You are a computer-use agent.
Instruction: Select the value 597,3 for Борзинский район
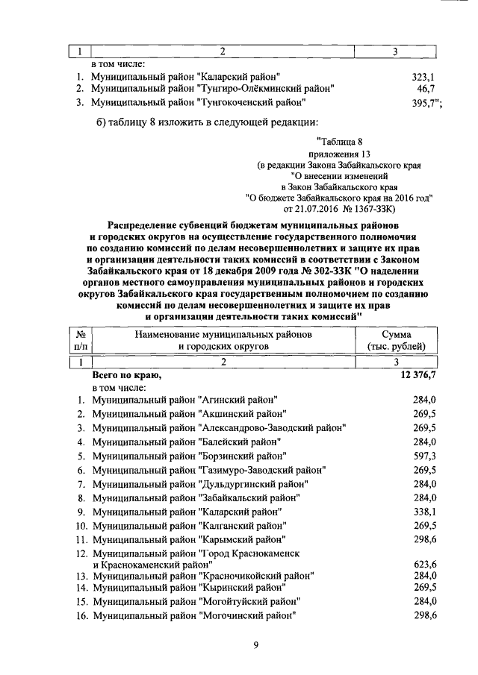click(x=424, y=455)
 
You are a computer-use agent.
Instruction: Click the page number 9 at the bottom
click(x=255, y=646)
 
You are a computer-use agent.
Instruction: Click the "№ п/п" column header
click(x=78, y=340)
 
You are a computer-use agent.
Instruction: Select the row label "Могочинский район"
click(x=246, y=615)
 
